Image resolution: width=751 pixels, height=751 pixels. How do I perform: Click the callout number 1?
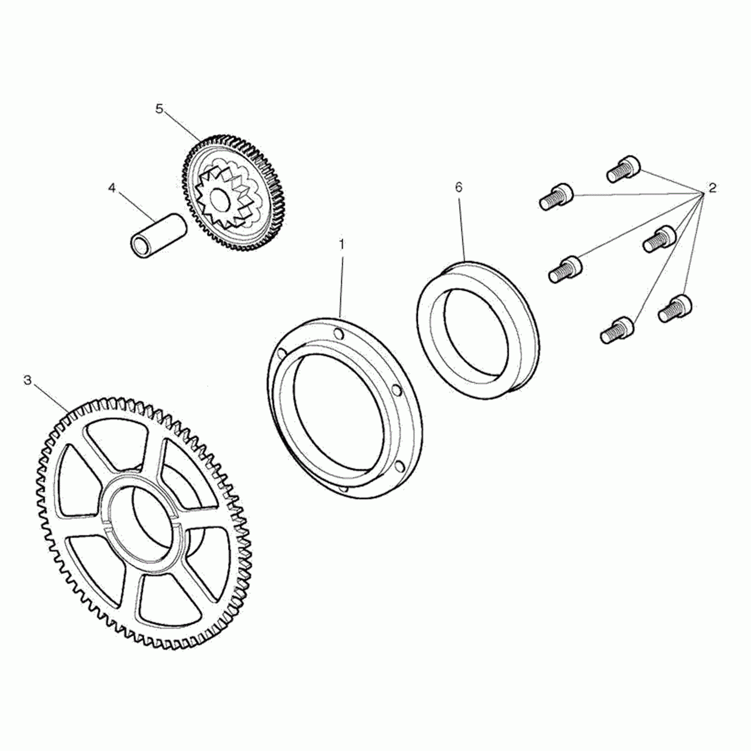tap(341, 245)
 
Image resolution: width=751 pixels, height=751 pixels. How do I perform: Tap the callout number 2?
tap(712, 188)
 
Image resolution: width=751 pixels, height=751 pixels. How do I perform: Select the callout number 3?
tap(28, 380)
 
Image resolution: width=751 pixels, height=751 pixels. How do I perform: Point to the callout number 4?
tap(112, 188)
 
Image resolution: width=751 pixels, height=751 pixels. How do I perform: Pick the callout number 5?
tap(159, 108)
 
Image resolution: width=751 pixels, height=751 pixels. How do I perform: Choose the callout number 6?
tap(458, 187)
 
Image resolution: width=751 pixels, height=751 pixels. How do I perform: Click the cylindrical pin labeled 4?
tap(158, 235)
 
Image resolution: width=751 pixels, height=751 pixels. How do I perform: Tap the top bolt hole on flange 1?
tap(338, 335)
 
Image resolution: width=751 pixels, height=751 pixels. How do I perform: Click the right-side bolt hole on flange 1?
tap(397, 389)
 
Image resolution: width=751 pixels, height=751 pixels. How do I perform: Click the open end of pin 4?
tap(140, 247)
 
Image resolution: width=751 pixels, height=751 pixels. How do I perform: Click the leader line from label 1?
tap(341, 284)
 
